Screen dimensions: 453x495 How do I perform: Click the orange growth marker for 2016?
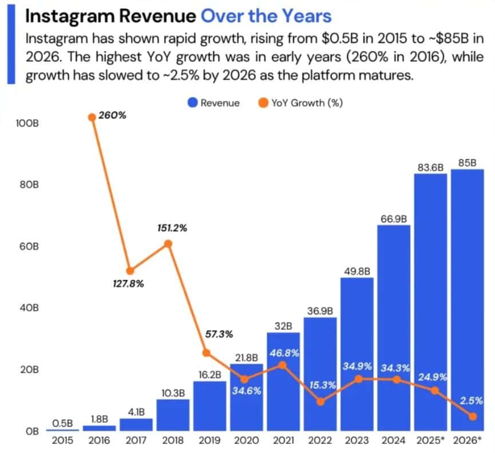92,117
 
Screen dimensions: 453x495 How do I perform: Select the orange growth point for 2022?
320,401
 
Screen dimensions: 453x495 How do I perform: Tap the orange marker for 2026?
472,416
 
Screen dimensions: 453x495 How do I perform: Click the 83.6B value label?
430,167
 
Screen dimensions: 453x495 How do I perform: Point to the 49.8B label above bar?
357,271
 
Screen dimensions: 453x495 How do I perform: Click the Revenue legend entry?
213,103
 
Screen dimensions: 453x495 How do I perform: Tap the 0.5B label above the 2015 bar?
62,423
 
